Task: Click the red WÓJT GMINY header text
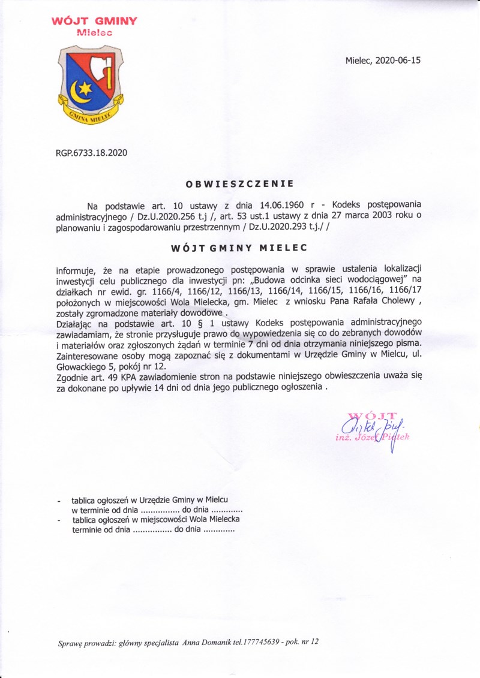pos(94,22)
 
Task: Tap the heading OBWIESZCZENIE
pos(239,182)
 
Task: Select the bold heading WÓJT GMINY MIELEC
pos(239,247)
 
